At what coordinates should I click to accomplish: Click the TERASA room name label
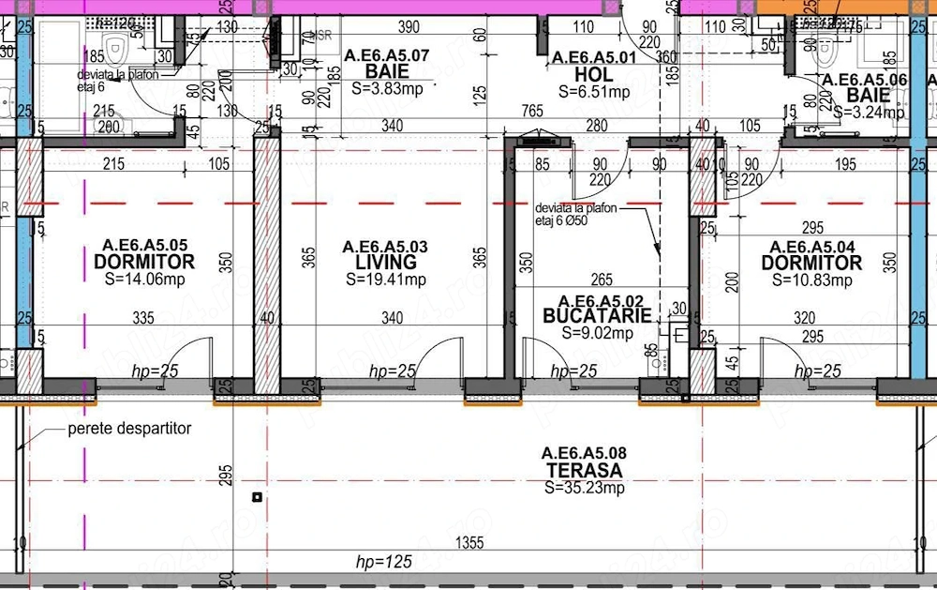(586, 470)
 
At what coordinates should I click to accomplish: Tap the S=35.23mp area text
(585, 488)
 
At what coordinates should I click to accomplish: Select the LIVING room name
(386, 263)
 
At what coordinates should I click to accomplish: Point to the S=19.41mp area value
(386, 280)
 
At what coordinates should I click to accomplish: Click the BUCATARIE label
(597, 316)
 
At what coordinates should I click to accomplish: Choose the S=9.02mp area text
(597, 332)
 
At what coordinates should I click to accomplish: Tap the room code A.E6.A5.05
(145, 246)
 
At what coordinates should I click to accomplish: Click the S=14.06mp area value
(144, 280)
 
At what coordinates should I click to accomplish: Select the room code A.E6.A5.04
(811, 247)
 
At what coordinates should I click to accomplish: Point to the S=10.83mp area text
(811, 280)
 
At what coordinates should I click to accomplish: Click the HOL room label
(595, 75)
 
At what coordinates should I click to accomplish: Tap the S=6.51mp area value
(595, 92)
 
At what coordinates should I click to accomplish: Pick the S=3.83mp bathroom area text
(387, 89)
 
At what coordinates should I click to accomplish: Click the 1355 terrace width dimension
(470, 543)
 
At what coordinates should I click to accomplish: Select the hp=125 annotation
(384, 562)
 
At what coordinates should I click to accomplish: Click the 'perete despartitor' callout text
(129, 429)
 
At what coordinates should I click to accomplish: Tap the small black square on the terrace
(257, 497)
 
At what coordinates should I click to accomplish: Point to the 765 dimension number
(532, 112)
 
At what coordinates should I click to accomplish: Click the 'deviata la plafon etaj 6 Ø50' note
(576, 215)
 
